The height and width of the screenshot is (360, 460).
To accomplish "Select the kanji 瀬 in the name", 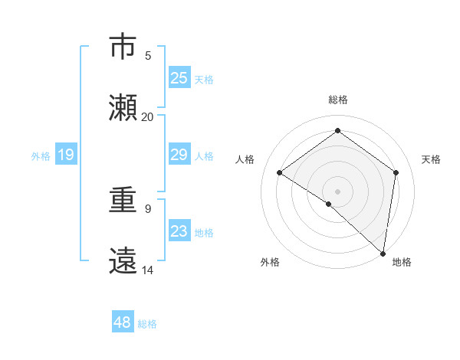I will pos(123,106).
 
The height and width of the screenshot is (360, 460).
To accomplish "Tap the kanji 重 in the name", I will pos(123,201).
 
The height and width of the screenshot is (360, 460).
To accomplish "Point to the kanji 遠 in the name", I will pos(123,260).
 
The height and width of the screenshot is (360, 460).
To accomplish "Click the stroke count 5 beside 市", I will pos(148,56).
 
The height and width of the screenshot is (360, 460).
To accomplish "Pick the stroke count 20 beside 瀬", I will pos(148,117).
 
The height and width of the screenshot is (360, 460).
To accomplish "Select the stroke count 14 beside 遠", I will pos(148,270).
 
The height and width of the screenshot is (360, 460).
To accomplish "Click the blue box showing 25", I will pos(179,77).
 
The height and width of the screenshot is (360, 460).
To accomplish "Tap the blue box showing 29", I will pos(179,155).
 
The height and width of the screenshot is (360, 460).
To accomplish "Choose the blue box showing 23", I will pos(179,231).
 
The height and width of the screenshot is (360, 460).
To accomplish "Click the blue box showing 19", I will pos(65,155).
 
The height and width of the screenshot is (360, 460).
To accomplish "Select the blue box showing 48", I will pos(123,322).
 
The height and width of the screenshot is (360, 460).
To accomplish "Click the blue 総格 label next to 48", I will pos(147,323).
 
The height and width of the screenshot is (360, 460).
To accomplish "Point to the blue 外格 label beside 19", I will pos(41,155).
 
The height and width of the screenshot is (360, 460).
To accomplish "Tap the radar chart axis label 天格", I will pos(431,159).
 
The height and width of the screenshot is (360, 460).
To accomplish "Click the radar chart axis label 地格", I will pos(402,262).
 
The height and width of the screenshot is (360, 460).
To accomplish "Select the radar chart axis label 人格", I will pos(245,159).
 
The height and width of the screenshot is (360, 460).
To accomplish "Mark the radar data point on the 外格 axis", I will pos(328,204).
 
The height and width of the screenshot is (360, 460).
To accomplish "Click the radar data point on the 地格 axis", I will pos(383,254).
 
